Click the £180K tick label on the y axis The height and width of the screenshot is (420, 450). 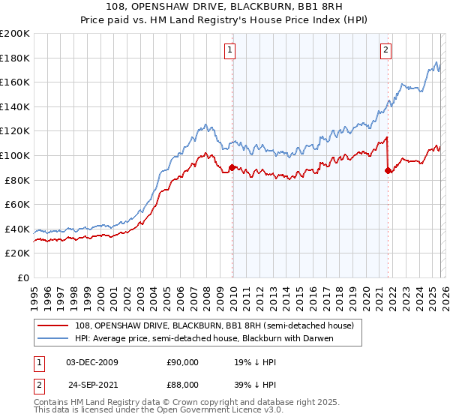[x=15, y=58]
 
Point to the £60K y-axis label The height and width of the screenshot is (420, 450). [x=17, y=204]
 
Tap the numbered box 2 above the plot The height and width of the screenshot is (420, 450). [x=385, y=50]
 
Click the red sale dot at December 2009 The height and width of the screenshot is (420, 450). [x=232, y=168]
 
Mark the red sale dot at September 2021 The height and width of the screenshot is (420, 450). [x=388, y=170]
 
